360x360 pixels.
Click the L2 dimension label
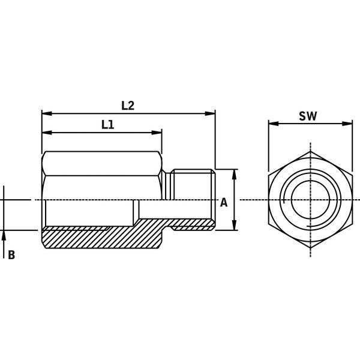(x=127, y=105)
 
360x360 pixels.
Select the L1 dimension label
(x=108, y=125)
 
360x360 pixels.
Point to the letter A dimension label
(x=224, y=202)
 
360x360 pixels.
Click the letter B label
(x=11, y=255)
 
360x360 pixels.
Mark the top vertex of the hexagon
(x=310, y=152)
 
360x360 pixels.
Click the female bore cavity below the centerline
(x=90, y=213)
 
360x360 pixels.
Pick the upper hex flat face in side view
(x=102, y=162)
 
